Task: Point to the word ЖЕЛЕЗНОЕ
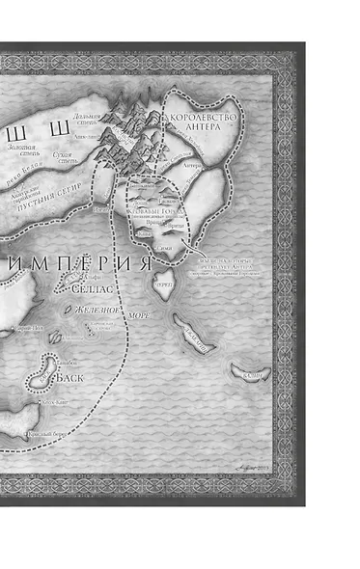click(x=94, y=311)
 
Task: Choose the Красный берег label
click(x=48, y=436)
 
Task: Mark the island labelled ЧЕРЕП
click(x=163, y=284)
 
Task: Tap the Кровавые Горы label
click(x=152, y=209)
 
